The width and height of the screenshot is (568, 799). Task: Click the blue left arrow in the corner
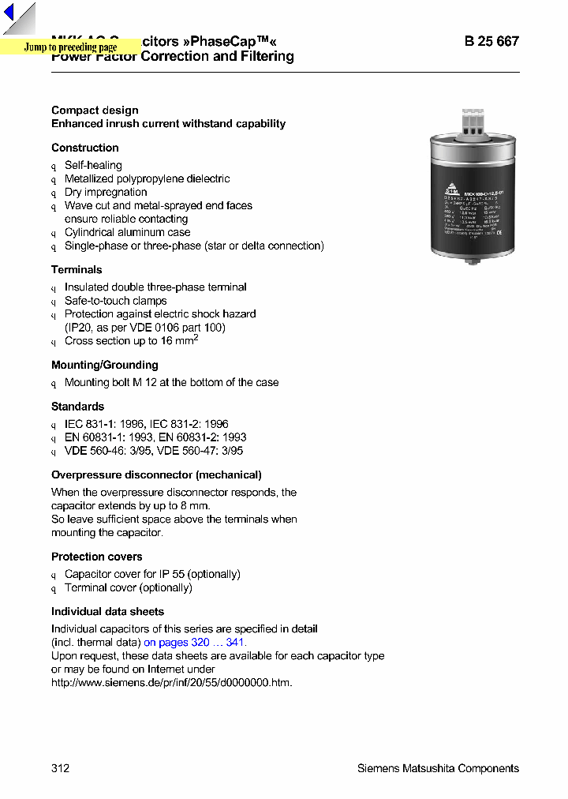point(9,13)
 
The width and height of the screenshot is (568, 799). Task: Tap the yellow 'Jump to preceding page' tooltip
point(70,47)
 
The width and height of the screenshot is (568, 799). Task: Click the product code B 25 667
point(491,41)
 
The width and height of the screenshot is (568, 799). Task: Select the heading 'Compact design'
point(95,111)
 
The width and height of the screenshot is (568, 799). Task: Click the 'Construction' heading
point(85,148)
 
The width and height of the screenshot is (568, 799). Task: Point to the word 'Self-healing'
point(93,165)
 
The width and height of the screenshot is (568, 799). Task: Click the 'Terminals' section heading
point(77,269)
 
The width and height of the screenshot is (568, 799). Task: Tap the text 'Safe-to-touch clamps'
point(116,301)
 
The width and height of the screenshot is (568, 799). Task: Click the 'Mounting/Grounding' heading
point(105,365)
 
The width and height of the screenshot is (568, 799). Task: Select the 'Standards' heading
point(77,407)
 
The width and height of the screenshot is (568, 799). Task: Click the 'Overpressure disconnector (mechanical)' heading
point(156,475)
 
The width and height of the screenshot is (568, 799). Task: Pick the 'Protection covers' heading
point(97,557)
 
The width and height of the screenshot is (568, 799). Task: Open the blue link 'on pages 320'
point(177,643)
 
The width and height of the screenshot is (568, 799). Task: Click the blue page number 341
point(235,643)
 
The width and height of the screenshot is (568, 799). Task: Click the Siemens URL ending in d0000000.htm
point(172,682)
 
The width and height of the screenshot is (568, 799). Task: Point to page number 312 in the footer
point(61,768)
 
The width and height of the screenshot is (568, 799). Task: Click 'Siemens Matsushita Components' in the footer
point(438,768)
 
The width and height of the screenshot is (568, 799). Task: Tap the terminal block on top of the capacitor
point(472,122)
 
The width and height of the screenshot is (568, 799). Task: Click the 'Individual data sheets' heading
point(108,612)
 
